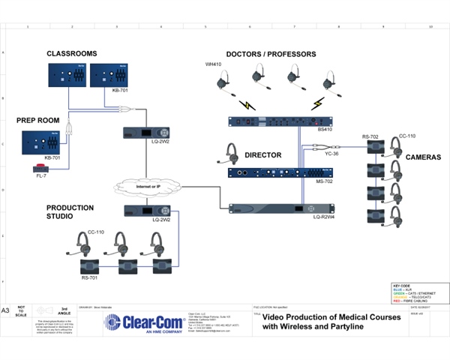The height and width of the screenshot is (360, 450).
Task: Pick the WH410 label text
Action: coord(214,64)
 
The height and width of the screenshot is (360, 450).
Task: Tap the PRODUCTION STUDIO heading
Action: coord(70,212)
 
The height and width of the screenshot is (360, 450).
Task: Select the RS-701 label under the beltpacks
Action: coord(91,277)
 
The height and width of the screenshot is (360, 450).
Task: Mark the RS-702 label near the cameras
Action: coord(370,136)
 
